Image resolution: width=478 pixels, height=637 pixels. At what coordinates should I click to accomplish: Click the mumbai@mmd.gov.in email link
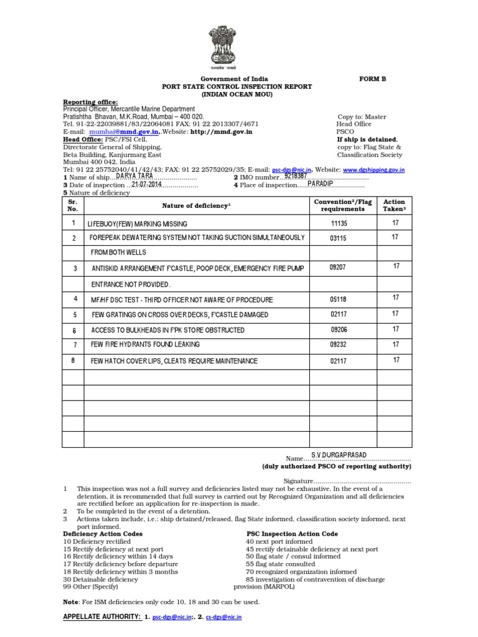click(123, 132)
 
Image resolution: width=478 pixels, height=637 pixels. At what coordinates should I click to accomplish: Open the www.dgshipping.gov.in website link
click(373, 169)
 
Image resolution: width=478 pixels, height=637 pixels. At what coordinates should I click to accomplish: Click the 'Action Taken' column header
click(394, 205)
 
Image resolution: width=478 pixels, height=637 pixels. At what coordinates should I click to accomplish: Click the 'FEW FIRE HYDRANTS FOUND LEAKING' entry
click(146, 345)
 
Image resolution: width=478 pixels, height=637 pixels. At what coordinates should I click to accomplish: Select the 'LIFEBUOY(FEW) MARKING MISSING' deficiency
click(138, 223)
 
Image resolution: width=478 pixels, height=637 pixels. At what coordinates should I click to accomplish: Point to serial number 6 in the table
click(73, 330)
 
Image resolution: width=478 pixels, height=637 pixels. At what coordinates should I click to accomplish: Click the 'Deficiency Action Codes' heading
click(103, 534)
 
